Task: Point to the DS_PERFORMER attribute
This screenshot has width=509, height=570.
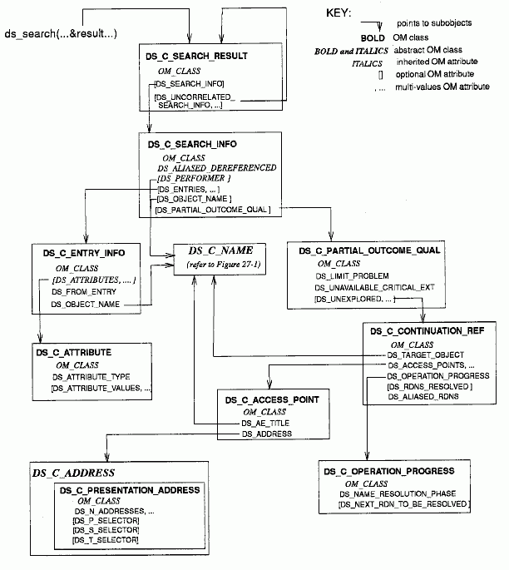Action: [x=193, y=178]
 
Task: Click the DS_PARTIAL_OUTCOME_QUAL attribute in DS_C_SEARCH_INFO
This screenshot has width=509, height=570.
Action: [x=211, y=210]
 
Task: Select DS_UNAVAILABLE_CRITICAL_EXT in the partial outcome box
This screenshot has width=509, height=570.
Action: [x=375, y=286]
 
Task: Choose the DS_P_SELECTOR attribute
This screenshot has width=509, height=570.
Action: [x=106, y=520]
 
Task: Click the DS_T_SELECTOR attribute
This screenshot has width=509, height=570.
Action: [x=106, y=541]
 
